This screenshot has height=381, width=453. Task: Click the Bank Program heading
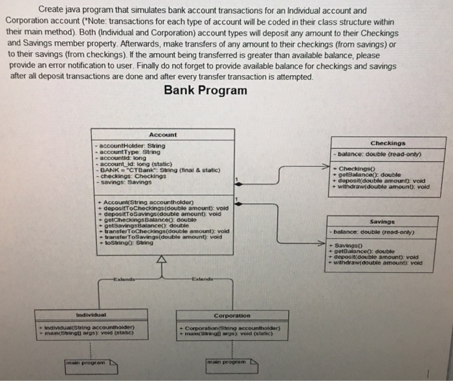[206, 90]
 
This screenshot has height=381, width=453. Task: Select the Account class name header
[163, 135]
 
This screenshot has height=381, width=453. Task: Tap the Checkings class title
[388, 143]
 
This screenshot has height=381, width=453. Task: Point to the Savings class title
[382, 221]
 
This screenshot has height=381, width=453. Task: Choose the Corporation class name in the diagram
[232, 316]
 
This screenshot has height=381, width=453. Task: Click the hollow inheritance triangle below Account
[162, 260]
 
